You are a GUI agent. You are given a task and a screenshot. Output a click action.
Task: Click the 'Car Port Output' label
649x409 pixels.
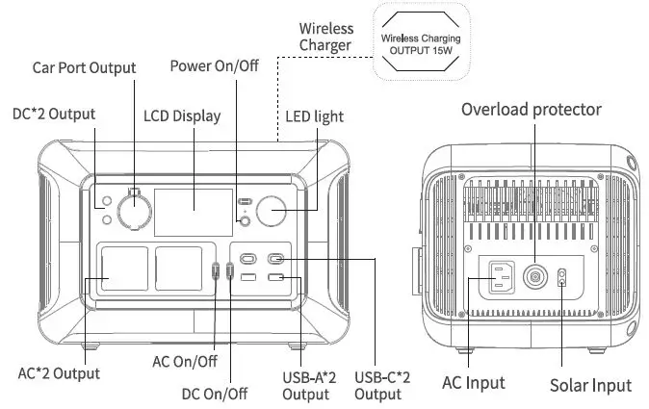tap(84, 67)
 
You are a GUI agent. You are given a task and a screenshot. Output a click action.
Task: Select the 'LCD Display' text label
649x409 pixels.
tap(182, 115)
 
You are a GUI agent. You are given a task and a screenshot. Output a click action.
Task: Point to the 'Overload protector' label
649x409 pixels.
tap(531, 109)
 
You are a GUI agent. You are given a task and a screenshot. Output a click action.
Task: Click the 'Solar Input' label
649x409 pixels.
tap(590, 385)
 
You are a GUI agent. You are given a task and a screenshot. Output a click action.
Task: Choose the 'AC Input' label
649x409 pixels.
tap(473, 382)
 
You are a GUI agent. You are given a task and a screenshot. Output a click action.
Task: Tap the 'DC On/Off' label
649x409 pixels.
tap(215, 393)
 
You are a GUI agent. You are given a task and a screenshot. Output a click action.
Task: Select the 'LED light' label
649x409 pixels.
tap(314, 116)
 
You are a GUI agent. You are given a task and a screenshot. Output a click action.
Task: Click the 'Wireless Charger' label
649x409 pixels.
tap(325, 37)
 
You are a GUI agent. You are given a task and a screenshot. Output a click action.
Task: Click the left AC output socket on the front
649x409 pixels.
tap(119, 269)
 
